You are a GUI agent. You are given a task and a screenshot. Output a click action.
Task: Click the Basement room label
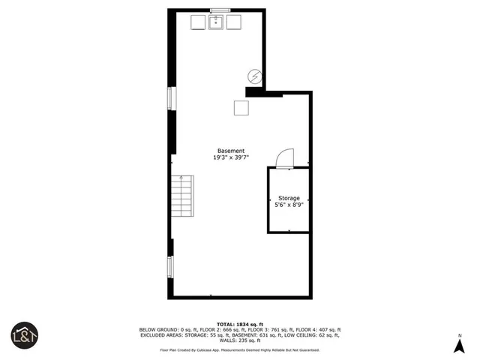[x=231, y=151]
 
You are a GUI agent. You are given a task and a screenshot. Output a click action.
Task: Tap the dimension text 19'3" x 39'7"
[x=231, y=157]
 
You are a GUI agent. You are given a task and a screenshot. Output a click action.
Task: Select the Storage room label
[x=289, y=198]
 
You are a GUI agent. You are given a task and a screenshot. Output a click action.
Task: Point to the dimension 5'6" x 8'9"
[x=289, y=205]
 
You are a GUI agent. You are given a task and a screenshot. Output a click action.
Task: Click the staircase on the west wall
[x=182, y=196]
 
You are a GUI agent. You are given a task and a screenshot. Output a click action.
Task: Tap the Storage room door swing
[x=286, y=157]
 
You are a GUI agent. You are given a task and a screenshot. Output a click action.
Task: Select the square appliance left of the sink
[x=198, y=22]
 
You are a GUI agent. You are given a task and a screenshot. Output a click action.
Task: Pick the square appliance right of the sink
[x=234, y=22]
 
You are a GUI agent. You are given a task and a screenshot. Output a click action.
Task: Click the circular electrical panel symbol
[x=255, y=76]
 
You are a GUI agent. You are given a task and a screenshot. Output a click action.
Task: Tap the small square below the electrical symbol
[x=241, y=108]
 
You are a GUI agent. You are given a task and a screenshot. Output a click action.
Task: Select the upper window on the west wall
[x=171, y=98]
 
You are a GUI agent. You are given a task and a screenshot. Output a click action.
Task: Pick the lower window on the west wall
[x=171, y=266]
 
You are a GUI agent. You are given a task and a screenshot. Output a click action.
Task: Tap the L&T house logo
[x=24, y=334]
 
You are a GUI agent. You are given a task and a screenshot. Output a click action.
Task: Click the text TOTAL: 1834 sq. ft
[x=239, y=324]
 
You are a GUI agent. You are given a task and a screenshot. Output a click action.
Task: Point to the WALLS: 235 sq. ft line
[x=239, y=340]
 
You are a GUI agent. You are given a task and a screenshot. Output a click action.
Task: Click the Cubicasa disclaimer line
[x=239, y=349]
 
